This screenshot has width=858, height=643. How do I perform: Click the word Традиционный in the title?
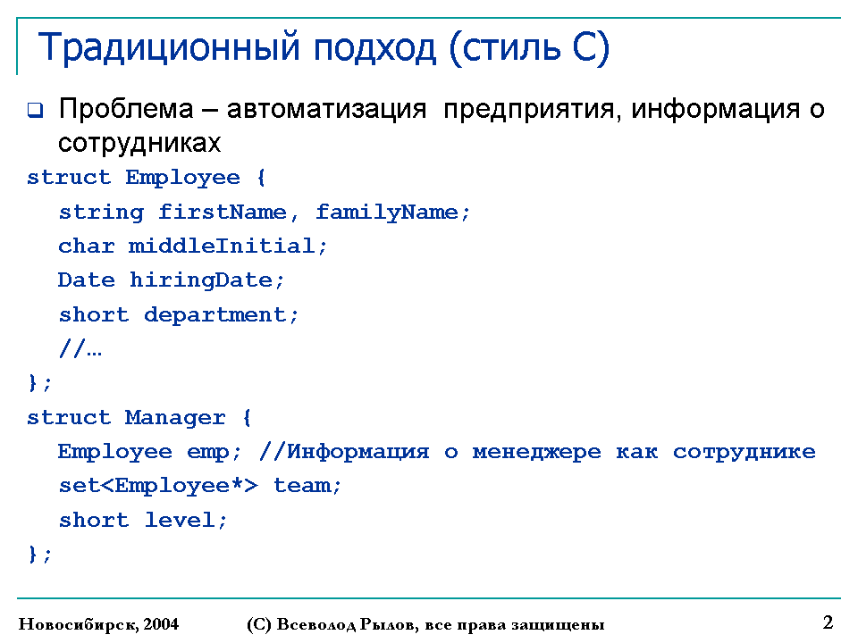point(169,48)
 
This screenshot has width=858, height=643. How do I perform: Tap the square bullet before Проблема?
point(35,110)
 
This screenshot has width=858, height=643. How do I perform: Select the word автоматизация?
point(326,109)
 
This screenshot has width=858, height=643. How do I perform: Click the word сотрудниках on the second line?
point(139,143)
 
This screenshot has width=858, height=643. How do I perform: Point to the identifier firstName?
point(223,212)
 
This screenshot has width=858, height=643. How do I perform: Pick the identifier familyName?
point(387,213)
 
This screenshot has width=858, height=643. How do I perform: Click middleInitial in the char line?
point(222,246)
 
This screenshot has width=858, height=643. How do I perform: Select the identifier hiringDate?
point(201,280)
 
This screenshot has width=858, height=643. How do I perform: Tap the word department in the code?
point(215,315)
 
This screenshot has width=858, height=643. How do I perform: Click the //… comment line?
point(80,348)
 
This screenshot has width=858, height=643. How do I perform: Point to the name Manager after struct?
point(175,418)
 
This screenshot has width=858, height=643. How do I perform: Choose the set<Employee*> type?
point(158,486)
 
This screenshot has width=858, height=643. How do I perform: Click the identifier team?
point(303,486)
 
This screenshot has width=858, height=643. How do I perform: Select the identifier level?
point(180,520)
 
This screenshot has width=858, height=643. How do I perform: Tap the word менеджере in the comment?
point(537,452)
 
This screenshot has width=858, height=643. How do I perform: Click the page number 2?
point(828,622)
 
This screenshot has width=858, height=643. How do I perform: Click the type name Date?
point(87,280)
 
